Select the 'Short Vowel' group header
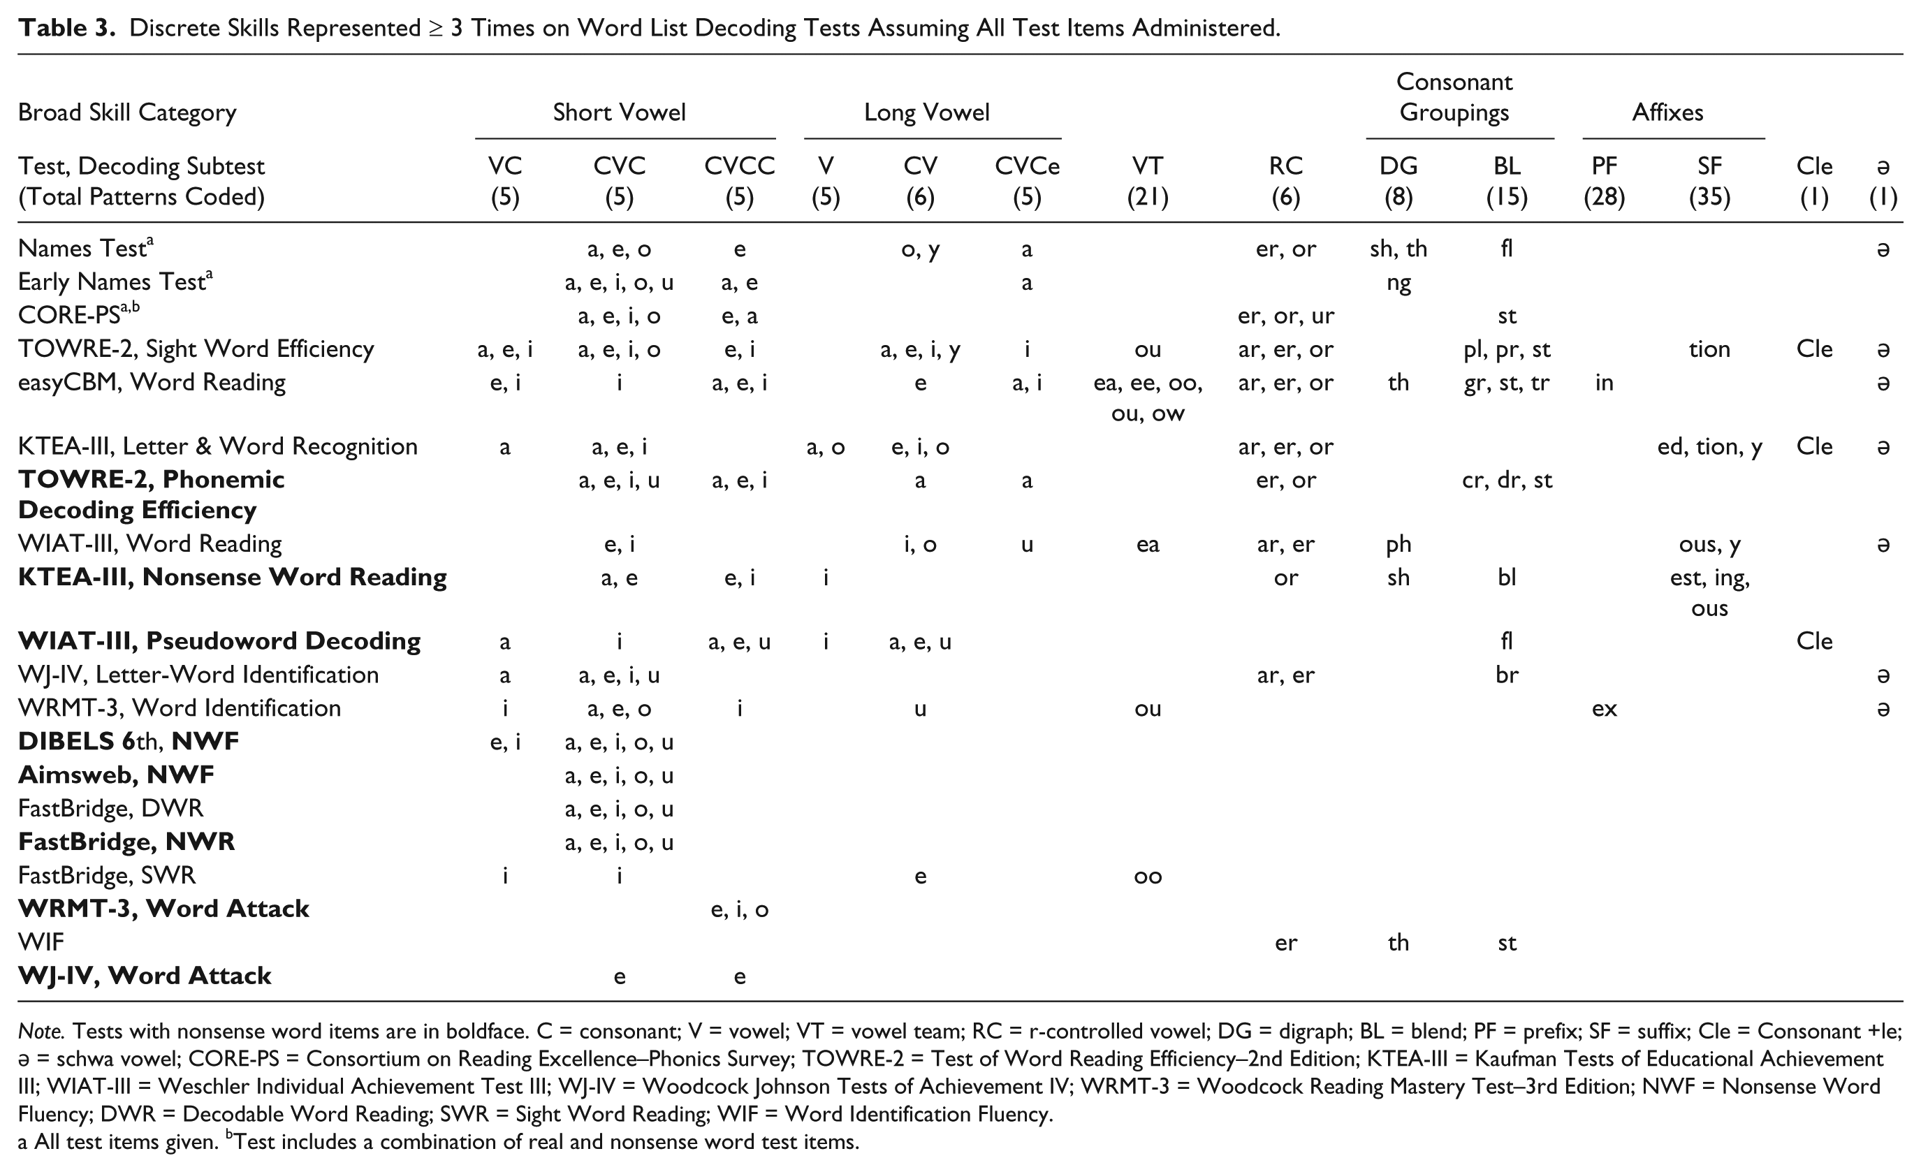pyautogui.click(x=619, y=112)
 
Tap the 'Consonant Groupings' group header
pyautogui.click(x=1454, y=96)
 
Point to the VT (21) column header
pyautogui.click(x=1148, y=181)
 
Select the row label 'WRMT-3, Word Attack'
pyautogui.click(x=163, y=909)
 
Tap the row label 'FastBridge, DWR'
pyautogui.click(x=110, y=808)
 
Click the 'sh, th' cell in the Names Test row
pyautogui.click(x=1398, y=249)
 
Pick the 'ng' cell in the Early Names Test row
pyautogui.click(x=1398, y=283)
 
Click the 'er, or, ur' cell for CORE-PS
pyautogui.click(x=1285, y=316)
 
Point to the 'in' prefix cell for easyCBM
pyautogui.click(x=1604, y=382)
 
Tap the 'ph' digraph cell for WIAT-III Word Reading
pyautogui.click(x=1398, y=544)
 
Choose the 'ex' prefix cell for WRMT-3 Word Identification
pyautogui.click(x=1604, y=709)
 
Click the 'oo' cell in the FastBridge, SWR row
pyautogui.click(x=1148, y=877)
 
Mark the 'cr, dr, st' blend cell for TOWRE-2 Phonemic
pyautogui.click(x=1506, y=480)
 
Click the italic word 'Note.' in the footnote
pyautogui.click(x=40, y=1031)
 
